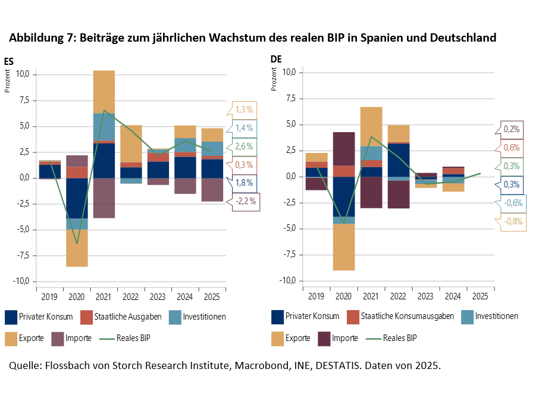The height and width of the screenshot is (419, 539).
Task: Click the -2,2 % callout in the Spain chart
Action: pos(245,202)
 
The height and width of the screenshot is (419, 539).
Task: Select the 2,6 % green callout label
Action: pos(245,146)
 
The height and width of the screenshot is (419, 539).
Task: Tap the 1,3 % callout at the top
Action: pos(245,110)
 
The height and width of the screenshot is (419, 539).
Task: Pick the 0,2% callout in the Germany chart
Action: pos(511,129)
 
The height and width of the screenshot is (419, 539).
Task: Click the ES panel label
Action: pos(9,60)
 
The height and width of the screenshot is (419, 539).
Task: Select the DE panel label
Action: pos(276,59)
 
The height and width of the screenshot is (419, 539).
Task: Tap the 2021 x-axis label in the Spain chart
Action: pos(104,296)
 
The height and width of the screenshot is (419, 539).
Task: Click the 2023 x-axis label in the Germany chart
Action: pos(426,295)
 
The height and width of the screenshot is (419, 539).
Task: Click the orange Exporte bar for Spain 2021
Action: pos(104,92)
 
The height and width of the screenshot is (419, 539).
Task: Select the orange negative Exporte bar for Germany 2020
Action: pos(344,247)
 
